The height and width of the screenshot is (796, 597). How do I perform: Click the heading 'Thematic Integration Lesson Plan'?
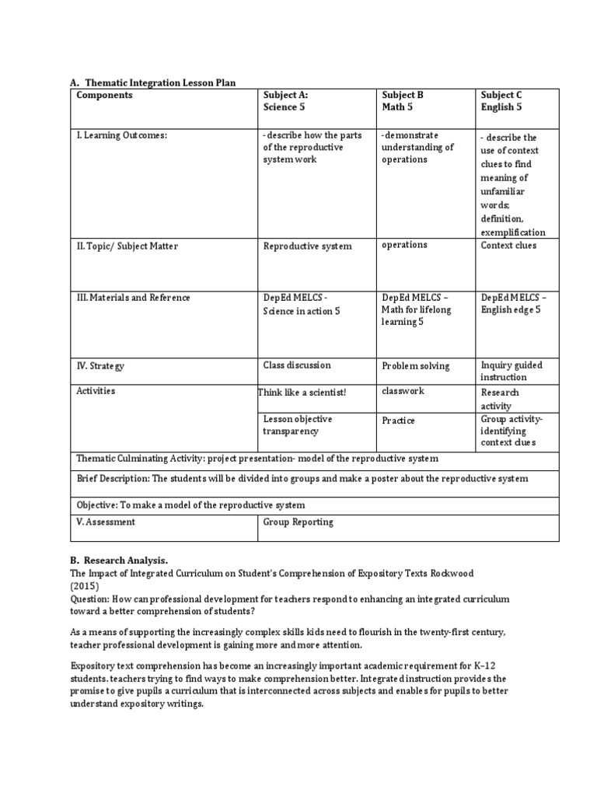(159, 82)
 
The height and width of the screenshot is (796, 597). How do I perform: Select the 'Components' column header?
(104, 95)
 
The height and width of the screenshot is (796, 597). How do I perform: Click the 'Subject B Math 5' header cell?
(403, 101)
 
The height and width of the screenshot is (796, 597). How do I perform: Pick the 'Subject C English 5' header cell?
(501, 101)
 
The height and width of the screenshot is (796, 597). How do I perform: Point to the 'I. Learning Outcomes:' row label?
(121, 136)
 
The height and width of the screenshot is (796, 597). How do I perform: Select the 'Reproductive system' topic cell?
(307, 246)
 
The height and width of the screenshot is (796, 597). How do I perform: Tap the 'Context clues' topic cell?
(508, 246)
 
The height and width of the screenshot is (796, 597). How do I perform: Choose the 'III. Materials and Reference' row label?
(133, 298)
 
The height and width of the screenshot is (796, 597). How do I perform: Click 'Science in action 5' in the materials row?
(302, 311)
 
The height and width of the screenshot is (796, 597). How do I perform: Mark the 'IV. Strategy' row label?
(100, 365)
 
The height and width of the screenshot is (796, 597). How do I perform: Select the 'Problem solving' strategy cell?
(415, 366)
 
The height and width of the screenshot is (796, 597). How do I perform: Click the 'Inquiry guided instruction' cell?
(511, 371)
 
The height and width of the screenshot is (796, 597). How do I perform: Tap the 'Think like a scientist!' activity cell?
(302, 393)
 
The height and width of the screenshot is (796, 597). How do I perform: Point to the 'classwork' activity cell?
(403, 391)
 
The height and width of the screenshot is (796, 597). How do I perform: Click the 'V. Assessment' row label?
(106, 522)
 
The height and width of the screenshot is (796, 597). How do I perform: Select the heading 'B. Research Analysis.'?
(119, 560)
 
